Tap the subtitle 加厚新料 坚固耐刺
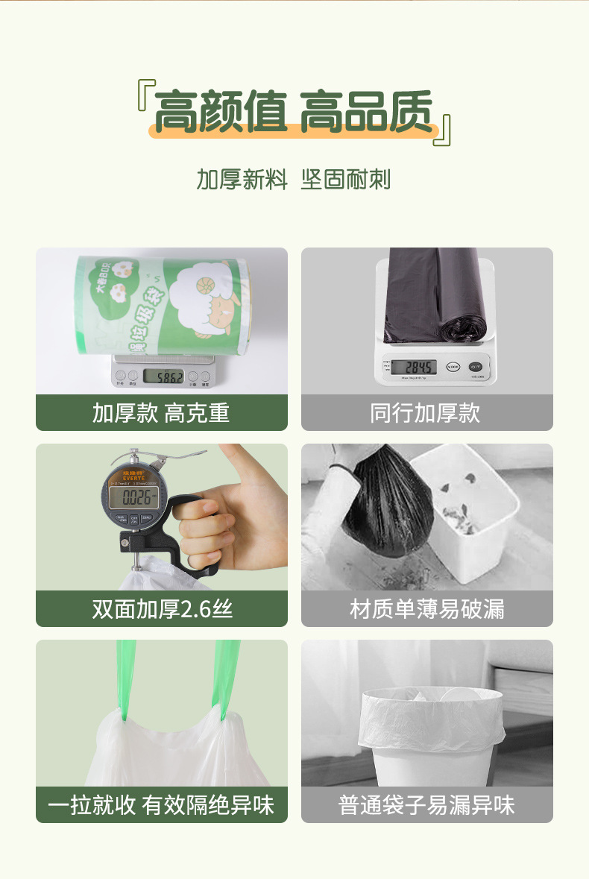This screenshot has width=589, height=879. [293, 180]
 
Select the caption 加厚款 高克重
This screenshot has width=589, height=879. [161, 413]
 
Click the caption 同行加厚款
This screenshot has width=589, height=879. [426, 413]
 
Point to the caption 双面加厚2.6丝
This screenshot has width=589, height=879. [162, 609]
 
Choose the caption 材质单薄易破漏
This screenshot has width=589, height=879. [426, 609]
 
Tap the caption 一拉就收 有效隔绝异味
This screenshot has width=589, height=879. [161, 805]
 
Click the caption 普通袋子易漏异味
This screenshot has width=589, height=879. [426, 805]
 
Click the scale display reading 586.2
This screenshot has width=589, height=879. [163, 377]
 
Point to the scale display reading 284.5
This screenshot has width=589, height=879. [420, 367]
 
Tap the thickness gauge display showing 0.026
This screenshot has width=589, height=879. [140, 497]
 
